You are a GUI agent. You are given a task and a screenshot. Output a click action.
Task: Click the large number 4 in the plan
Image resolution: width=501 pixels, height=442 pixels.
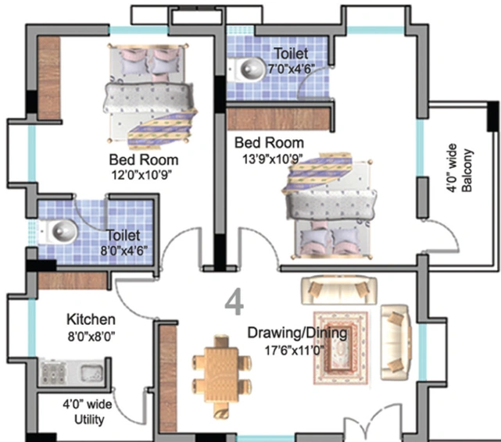(x=234, y=302)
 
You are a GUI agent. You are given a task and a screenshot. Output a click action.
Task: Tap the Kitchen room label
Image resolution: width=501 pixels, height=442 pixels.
(x=91, y=319)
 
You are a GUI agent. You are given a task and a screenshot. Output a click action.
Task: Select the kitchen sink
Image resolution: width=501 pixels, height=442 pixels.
(x=91, y=372)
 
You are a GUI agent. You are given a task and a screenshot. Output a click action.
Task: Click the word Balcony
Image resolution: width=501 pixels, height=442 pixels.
(x=467, y=170)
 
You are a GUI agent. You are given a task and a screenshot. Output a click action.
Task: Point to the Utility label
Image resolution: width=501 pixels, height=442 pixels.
(x=89, y=419)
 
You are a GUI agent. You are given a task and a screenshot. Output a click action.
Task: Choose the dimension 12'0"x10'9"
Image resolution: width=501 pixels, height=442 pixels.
(x=141, y=175)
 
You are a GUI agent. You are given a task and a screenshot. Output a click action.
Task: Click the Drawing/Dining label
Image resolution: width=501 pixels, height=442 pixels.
(x=298, y=333)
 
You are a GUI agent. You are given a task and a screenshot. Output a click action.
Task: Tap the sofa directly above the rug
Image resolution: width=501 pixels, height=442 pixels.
(x=339, y=290)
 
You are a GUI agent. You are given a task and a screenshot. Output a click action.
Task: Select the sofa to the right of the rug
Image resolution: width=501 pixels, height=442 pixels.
(x=395, y=342)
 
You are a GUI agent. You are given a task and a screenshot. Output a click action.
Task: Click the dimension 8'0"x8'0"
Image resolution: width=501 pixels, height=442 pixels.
(x=91, y=336)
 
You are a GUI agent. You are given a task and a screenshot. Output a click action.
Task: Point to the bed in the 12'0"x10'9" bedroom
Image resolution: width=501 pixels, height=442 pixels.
(x=149, y=96)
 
